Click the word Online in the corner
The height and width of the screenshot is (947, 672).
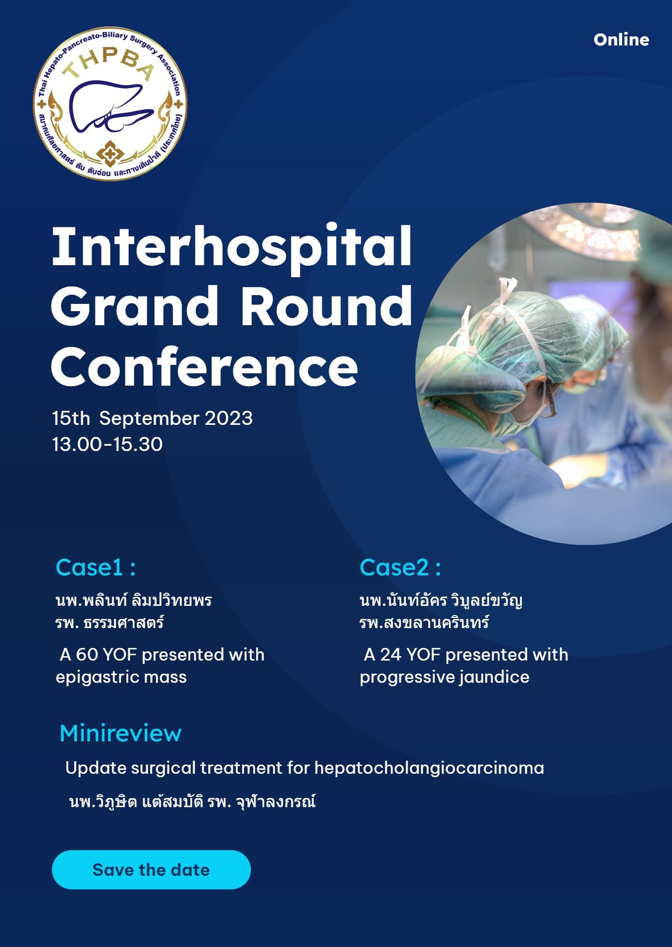point(621,40)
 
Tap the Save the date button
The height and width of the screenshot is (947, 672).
point(151,870)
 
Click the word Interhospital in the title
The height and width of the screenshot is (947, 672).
point(231,247)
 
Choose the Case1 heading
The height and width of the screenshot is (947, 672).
point(95,567)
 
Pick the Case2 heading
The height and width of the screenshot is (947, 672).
point(400,567)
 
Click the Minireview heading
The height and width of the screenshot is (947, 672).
point(121,734)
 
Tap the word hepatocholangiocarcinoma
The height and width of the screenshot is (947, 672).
point(429,768)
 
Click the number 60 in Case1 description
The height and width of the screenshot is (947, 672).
point(87,655)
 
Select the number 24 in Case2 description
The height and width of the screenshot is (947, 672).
point(391,655)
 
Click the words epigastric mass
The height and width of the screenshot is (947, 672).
point(121,677)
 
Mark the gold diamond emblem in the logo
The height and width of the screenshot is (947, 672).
point(110,154)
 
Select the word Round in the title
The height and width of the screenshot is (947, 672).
point(327,306)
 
